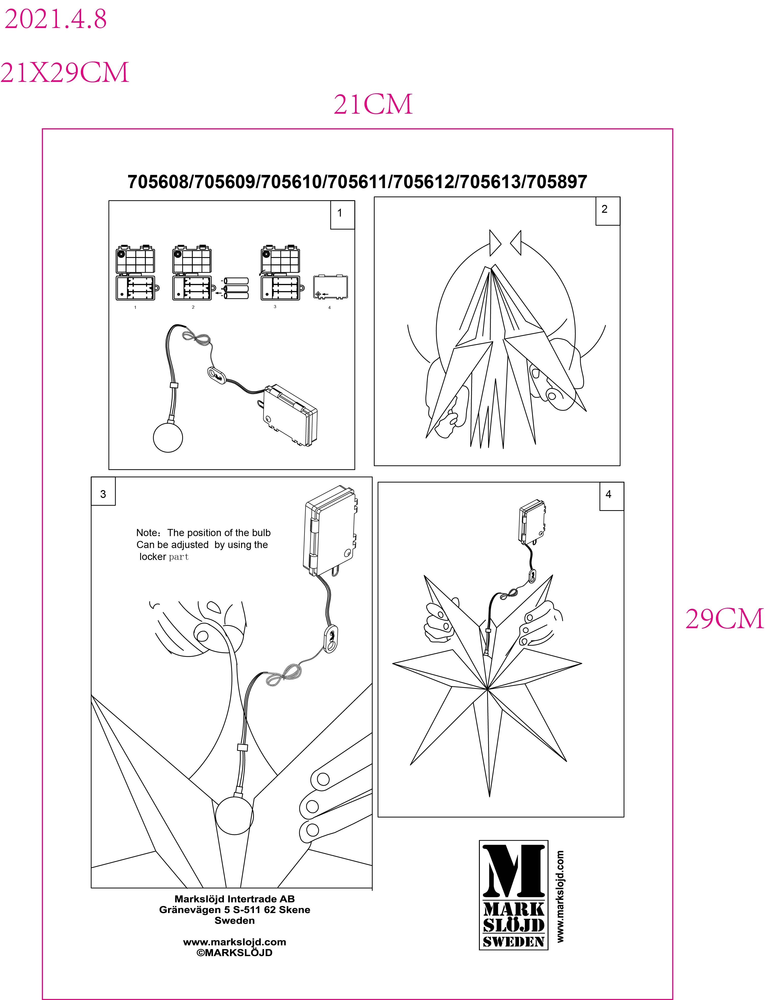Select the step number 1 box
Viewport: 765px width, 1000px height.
(x=342, y=215)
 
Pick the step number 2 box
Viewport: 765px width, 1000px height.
(x=607, y=211)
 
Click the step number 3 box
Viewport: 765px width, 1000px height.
(x=103, y=491)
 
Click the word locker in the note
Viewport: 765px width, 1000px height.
(x=152, y=556)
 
